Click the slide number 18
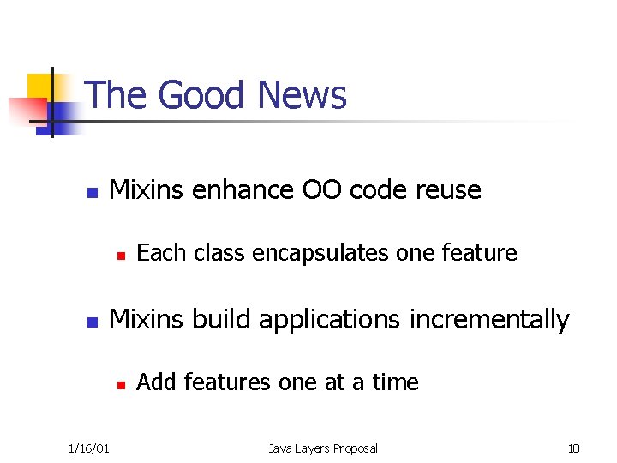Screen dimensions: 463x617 573,448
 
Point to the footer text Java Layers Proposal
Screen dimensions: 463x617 323,448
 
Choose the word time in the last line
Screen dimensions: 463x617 395,382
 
